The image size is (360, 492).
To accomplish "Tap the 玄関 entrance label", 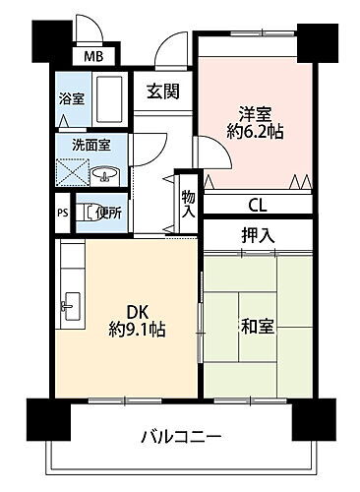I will point(162,92).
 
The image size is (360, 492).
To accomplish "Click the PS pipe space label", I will point(62,212).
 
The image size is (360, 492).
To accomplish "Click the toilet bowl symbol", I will point(87,210).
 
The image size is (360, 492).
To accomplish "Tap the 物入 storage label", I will point(188,201).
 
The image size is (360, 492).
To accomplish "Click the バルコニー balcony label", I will point(179,434).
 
